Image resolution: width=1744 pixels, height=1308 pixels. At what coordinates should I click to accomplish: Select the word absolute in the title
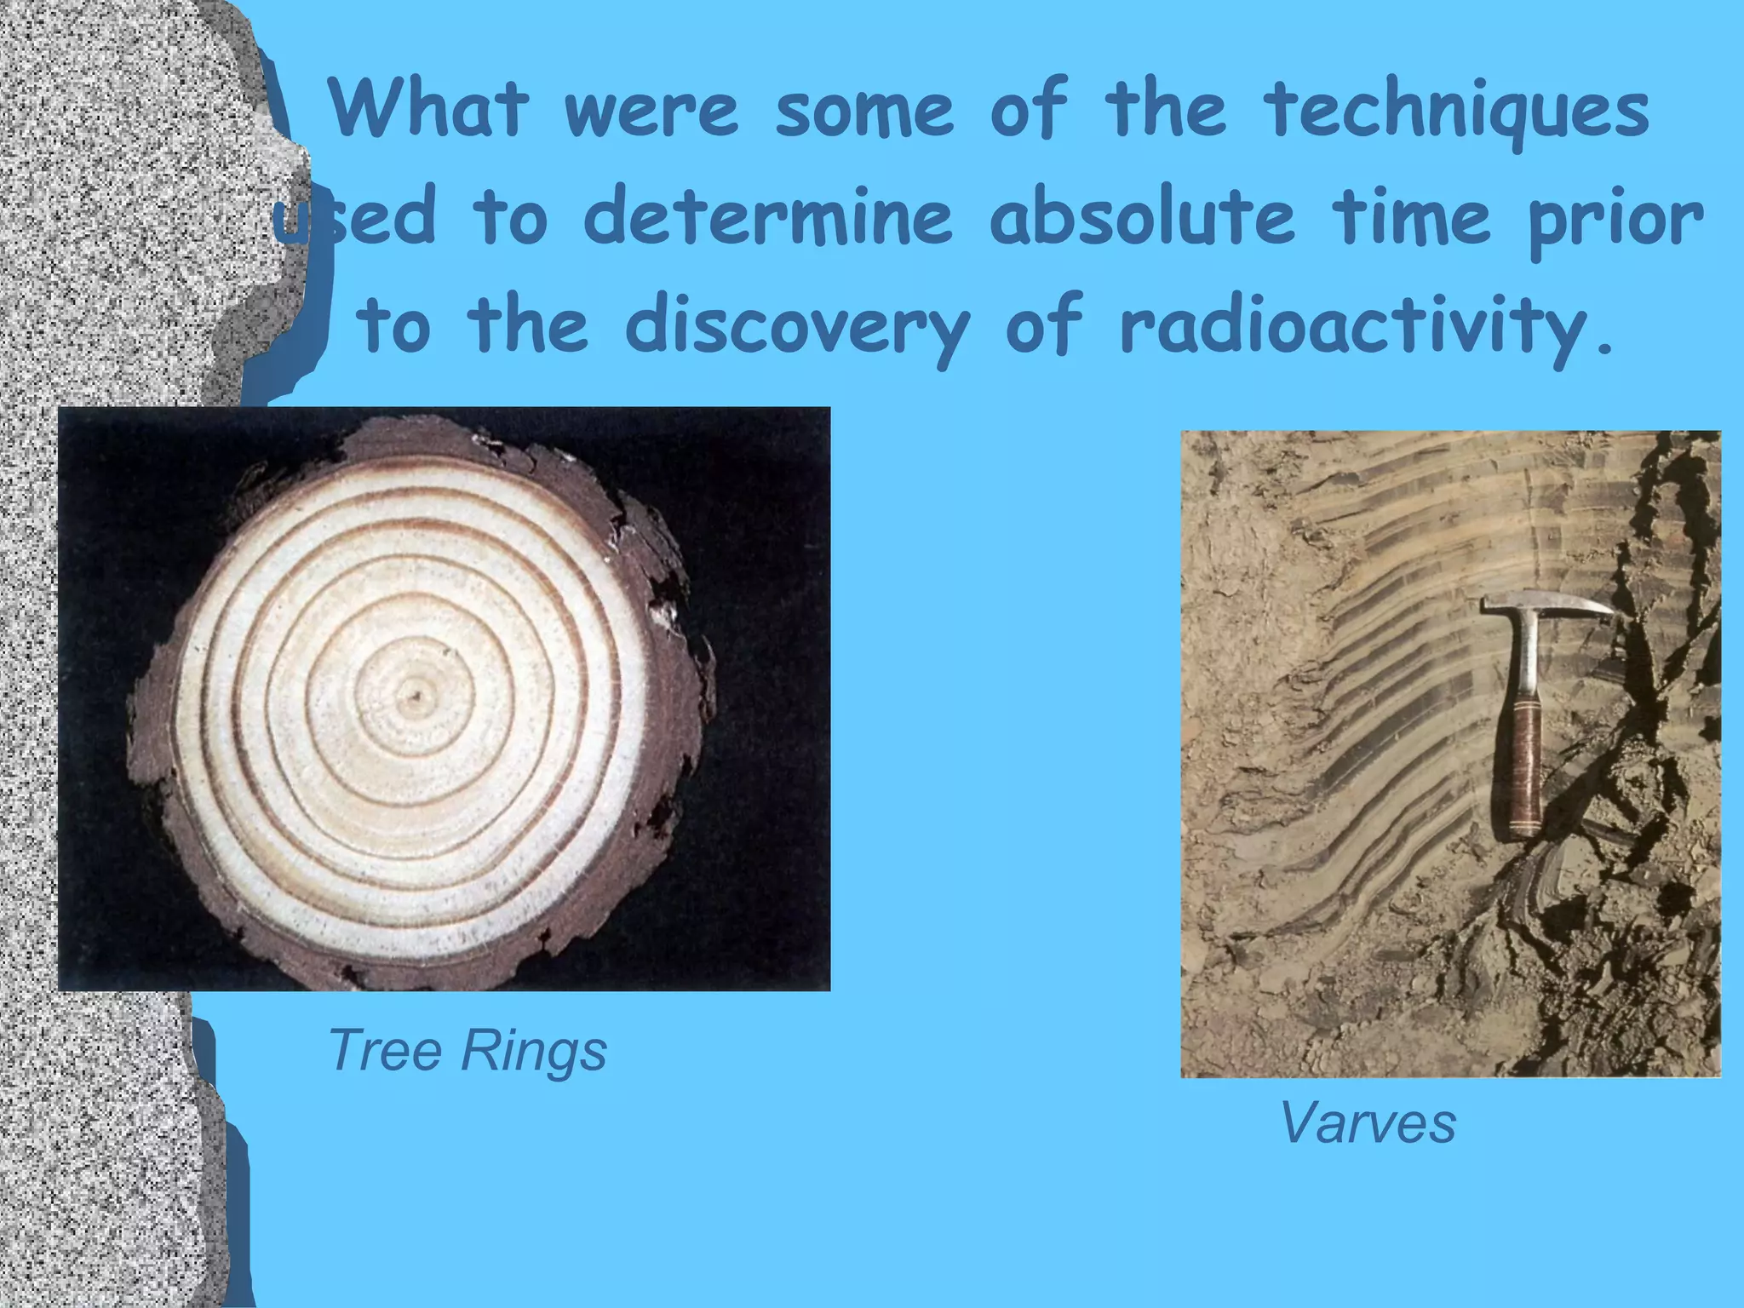(x=1141, y=219)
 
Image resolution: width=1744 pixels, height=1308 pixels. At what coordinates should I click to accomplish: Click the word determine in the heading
(x=766, y=219)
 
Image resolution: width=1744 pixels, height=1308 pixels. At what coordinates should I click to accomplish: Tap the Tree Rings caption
(x=467, y=1050)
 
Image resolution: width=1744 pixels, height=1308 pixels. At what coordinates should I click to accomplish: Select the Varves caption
(x=1368, y=1122)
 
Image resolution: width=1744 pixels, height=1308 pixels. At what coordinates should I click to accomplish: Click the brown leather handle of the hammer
(x=1523, y=766)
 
